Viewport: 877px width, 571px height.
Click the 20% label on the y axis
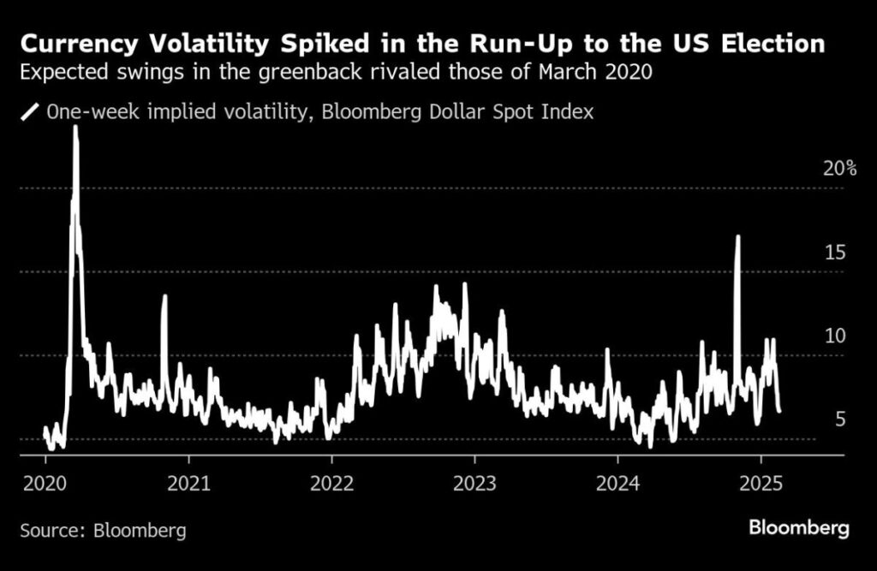click(839, 169)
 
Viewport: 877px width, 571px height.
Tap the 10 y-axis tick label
click(835, 336)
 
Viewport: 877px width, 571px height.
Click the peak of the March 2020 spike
click(75, 127)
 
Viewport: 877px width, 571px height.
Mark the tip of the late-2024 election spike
click(737, 236)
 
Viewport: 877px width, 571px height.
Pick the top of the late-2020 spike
click(164, 296)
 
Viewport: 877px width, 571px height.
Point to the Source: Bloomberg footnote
click(103, 530)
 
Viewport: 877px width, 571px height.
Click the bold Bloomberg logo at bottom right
click(799, 527)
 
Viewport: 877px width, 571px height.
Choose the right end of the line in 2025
click(779, 411)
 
